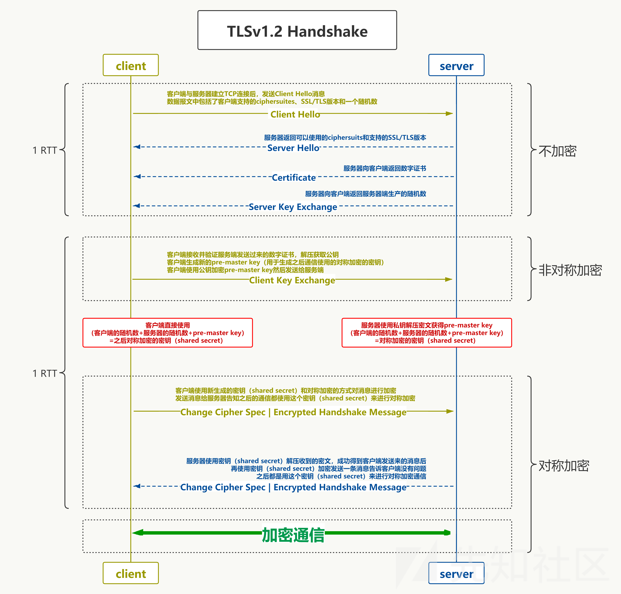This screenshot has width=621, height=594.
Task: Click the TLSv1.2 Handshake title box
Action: [x=297, y=30]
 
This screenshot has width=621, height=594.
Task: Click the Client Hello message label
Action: [x=295, y=114]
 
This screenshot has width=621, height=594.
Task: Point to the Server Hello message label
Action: [x=293, y=148]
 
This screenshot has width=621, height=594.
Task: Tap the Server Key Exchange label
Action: [x=293, y=207]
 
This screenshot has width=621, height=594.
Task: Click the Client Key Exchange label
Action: [x=292, y=280]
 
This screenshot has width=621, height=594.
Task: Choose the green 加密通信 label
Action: [x=293, y=535]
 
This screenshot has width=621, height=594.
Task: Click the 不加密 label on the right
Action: [x=557, y=151]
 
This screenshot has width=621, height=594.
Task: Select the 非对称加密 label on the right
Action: [x=570, y=270]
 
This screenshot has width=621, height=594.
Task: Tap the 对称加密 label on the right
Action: [x=564, y=466]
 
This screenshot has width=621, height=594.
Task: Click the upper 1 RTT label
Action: [x=45, y=150]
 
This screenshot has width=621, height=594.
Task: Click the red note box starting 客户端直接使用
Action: [x=168, y=333]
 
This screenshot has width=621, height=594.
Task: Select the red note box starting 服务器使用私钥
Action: [x=427, y=333]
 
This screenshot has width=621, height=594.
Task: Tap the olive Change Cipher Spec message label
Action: [x=293, y=412]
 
